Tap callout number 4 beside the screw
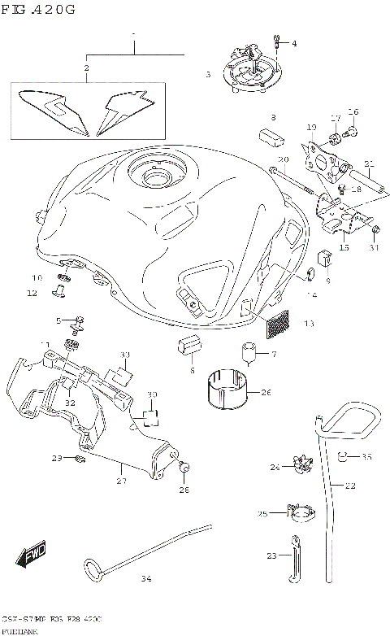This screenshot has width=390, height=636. (294, 43)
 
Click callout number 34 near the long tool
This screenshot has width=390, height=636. (145, 579)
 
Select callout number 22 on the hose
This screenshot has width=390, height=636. (350, 486)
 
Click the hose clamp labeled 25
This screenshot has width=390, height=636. (301, 515)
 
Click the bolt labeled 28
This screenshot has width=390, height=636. (184, 468)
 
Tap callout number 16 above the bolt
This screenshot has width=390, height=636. (353, 111)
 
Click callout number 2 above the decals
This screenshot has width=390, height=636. (86, 68)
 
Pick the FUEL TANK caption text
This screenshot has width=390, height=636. (17, 630)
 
